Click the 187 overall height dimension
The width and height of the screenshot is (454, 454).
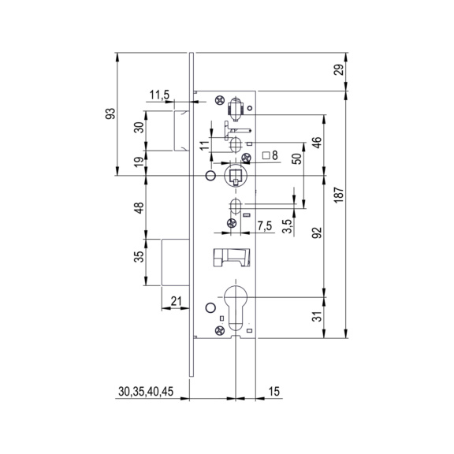pyautogui.click(x=340, y=195)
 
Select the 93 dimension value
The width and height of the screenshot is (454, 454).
pyautogui.click(x=111, y=113)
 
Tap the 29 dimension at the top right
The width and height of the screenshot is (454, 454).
pyautogui.click(x=340, y=69)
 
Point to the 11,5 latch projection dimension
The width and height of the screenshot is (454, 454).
pyautogui.click(x=159, y=95)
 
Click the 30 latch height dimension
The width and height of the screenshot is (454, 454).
pyautogui.click(x=140, y=128)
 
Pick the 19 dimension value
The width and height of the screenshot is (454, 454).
pyautogui.click(x=140, y=162)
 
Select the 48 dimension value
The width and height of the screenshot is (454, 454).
pyautogui.click(x=140, y=208)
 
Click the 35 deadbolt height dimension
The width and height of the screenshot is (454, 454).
pyautogui.click(x=140, y=256)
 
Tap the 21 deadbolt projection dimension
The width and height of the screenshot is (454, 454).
pyautogui.click(x=176, y=301)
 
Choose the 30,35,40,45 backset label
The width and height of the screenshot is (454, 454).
pyautogui.click(x=146, y=392)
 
